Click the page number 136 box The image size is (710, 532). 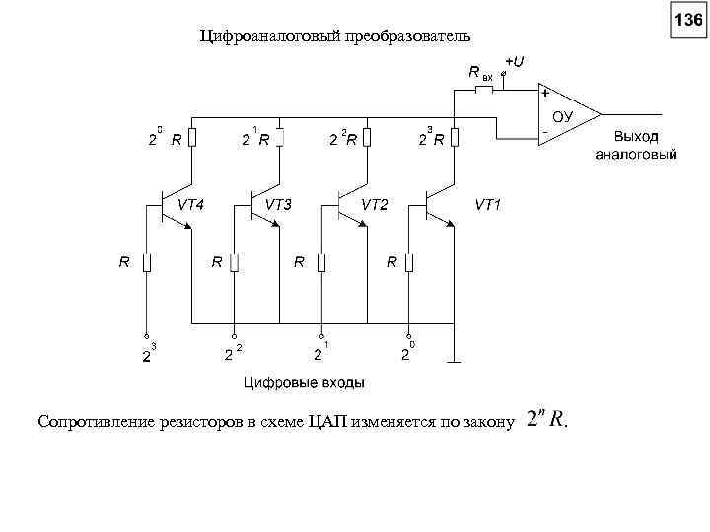[x=687, y=19]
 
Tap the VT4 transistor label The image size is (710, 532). [x=191, y=205]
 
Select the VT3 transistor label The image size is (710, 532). [x=279, y=205]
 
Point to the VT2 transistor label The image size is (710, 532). [x=375, y=205]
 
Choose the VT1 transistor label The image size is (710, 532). [x=489, y=205]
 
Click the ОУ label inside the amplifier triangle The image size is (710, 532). [x=562, y=115]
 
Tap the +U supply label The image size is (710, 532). [x=514, y=61]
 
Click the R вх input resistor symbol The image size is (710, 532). [x=484, y=90]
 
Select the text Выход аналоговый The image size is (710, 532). [x=636, y=145]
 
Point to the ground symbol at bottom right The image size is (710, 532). [x=454, y=361]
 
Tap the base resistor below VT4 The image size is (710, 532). [x=146, y=262]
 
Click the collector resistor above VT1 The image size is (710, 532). [x=454, y=137]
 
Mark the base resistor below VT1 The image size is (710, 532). [x=410, y=262]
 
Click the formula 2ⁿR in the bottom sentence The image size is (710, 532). [x=546, y=419]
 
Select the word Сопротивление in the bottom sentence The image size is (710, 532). [x=95, y=422]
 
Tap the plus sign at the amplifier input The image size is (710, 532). [x=543, y=94]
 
